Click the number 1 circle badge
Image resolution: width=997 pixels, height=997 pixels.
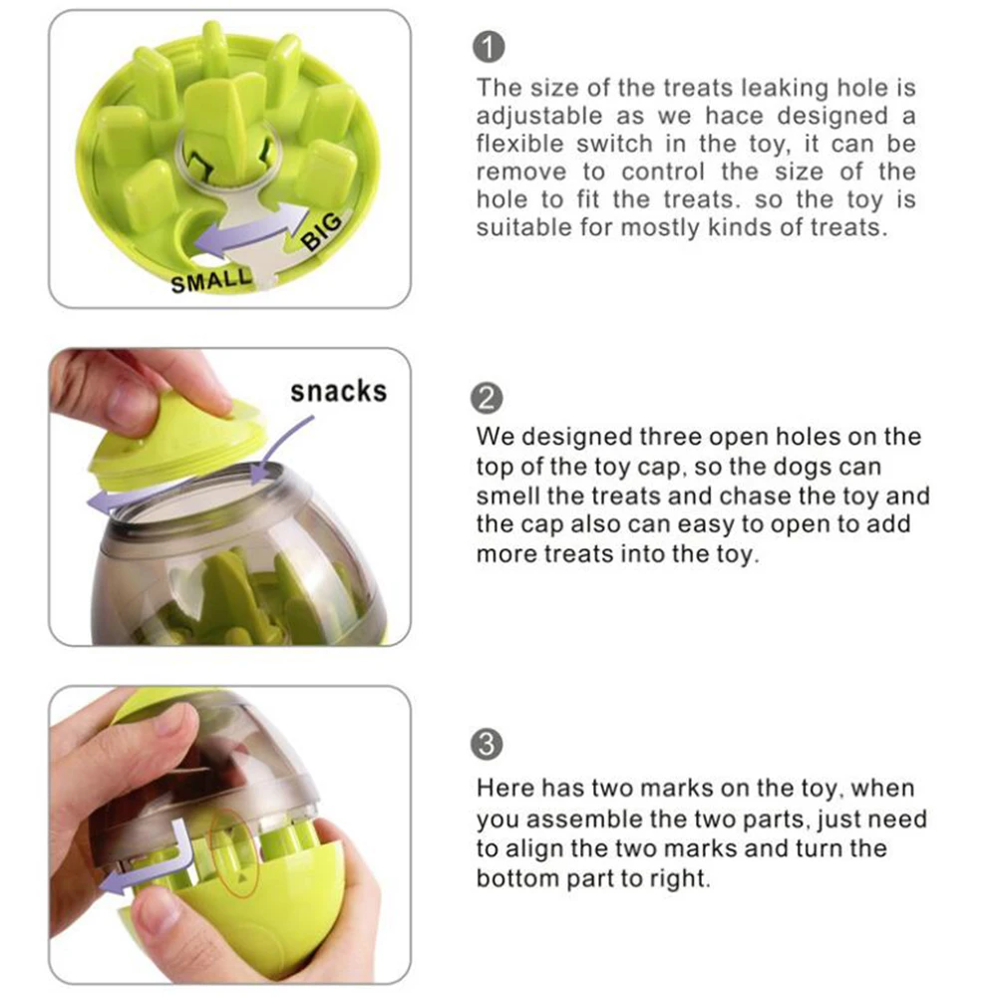coord(489,48)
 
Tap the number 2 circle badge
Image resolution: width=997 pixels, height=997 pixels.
coord(487,399)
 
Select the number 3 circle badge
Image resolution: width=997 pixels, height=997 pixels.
coord(487,744)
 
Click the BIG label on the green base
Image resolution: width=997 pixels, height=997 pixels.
coord(322,231)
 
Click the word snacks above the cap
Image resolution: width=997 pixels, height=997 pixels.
coord(338,392)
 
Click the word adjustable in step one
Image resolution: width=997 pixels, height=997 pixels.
coord(539,117)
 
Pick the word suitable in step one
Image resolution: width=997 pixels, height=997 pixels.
coord(524,227)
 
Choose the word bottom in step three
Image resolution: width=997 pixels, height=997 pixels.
coord(517,878)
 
